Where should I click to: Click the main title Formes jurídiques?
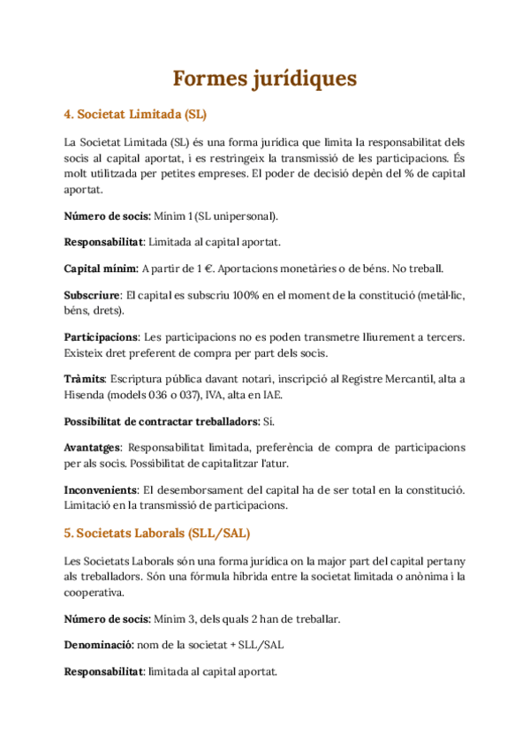click(x=265, y=79)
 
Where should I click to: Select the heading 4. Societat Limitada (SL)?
click(x=135, y=114)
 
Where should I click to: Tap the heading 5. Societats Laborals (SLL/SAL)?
click(x=156, y=533)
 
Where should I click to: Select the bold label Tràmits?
click(x=85, y=378)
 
